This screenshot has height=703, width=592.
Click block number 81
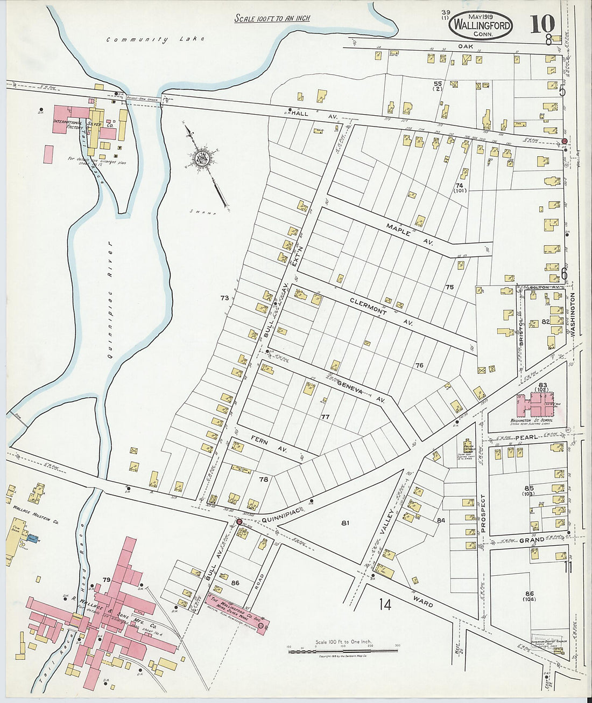tap(345, 523)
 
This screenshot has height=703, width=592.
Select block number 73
tap(224, 298)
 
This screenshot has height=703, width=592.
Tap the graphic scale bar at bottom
tap(343, 651)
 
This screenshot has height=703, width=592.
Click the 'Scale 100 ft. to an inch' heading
tap(272, 18)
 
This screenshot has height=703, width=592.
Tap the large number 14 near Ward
tap(384, 604)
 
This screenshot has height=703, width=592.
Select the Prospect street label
tap(483, 513)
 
